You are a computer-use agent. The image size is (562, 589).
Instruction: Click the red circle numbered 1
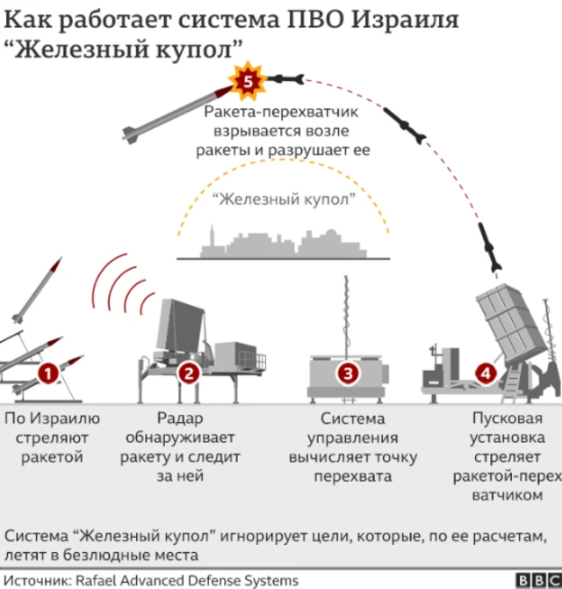[48, 374]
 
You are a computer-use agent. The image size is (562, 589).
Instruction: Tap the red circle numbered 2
[189, 374]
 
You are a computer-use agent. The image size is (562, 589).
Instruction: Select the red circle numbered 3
[348, 374]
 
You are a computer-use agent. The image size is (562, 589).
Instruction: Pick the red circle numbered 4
[486, 374]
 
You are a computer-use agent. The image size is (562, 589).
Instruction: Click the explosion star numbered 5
[248, 81]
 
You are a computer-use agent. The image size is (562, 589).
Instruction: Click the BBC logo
[538, 580]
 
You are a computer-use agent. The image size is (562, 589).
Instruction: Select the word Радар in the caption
[180, 418]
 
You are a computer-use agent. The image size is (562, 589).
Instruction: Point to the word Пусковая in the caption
[508, 418]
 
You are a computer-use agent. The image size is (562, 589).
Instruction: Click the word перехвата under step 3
[353, 476]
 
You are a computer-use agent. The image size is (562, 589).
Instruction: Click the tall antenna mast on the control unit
[346, 316]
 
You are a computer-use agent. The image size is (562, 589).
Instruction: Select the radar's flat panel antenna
[181, 326]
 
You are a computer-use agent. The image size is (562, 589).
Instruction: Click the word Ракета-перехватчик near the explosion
[281, 112]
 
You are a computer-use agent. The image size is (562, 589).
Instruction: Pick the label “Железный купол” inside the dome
[284, 199]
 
